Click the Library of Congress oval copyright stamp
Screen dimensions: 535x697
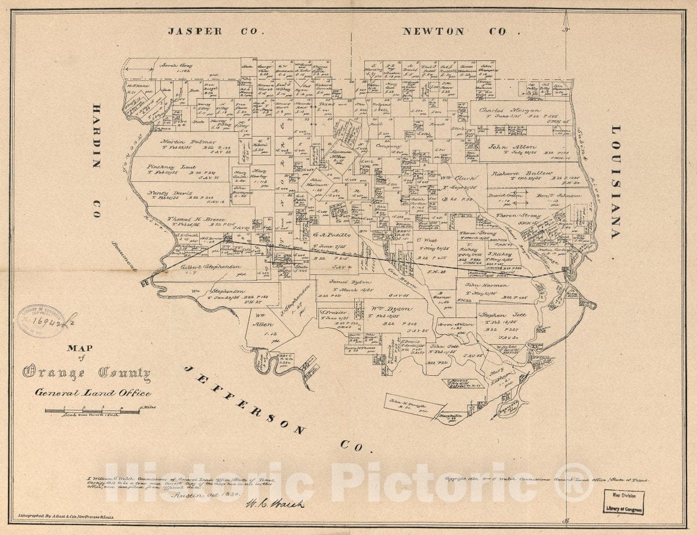pyautogui.click(x=41, y=321)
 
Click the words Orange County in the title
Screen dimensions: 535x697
pyautogui.click(x=87, y=373)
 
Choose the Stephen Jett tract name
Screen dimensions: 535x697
pyautogui.click(x=502, y=315)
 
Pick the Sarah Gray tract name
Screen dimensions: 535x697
pyautogui.click(x=177, y=66)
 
